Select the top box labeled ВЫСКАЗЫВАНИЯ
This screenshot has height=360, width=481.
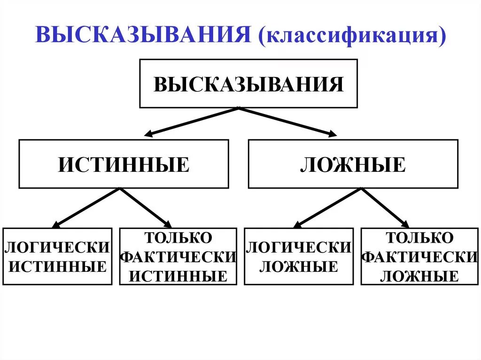248,84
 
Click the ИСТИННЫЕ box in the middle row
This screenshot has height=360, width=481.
124,164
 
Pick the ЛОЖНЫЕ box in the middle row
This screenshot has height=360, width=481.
353,164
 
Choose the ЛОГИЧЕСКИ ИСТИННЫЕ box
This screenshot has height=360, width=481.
57,256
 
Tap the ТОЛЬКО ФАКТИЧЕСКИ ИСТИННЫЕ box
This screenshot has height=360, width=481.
178,256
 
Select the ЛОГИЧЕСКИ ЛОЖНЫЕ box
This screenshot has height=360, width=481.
299,256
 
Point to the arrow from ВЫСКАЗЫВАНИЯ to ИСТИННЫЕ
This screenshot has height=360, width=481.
193,122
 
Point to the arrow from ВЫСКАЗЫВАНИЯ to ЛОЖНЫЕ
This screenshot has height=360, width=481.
288,122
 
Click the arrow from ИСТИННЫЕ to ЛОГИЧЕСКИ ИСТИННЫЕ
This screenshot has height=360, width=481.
87,208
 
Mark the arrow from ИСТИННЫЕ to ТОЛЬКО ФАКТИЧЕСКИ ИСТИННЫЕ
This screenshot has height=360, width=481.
146,208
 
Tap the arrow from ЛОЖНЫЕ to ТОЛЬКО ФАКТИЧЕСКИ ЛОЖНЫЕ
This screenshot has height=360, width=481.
385,208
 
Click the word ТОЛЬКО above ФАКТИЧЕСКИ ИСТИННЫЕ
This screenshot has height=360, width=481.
178,237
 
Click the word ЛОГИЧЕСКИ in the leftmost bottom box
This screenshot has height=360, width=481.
57,247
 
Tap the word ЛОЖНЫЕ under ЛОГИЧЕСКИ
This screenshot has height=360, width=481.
299,267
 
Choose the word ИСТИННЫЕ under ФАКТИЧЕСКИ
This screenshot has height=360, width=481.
178,276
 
